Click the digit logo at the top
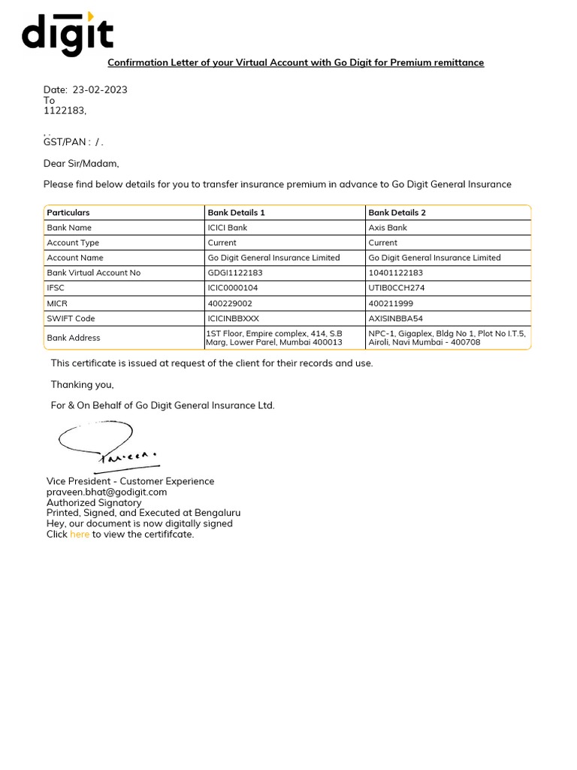(x=68, y=34)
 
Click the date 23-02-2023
(x=99, y=89)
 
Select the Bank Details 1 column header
(x=236, y=213)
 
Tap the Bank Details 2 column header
(x=397, y=213)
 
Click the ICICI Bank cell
(x=227, y=228)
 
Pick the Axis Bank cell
(x=388, y=228)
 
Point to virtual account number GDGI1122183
(x=235, y=273)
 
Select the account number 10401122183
(x=396, y=273)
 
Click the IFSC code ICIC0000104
(x=233, y=288)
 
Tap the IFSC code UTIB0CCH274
(x=397, y=288)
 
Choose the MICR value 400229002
(x=230, y=303)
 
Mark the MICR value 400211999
(x=391, y=303)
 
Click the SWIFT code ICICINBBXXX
(x=233, y=318)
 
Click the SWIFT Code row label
(x=71, y=318)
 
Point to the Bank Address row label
(x=73, y=338)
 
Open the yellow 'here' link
(x=80, y=535)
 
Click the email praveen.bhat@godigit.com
(x=107, y=492)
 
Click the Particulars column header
(x=68, y=213)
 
